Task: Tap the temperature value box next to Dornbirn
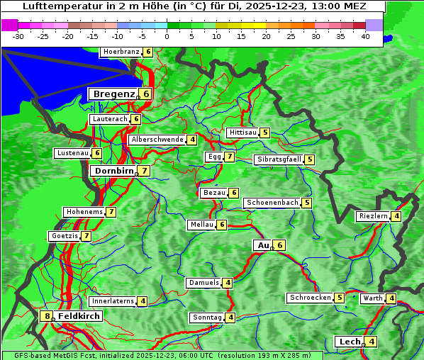[x=145, y=171]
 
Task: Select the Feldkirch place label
[x=79, y=316]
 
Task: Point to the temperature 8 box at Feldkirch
[x=48, y=316]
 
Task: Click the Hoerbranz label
[x=121, y=52]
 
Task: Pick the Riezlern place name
[x=373, y=216]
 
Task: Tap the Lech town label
[x=350, y=342]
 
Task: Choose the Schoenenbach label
[x=272, y=203]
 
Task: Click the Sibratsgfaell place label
[x=279, y=159]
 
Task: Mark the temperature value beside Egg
[x=230, y=157]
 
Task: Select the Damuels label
[x=203, y=283]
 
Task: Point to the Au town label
[x=263, y=245]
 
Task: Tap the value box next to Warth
[x=391, y=298]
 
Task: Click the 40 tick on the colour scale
[x=365, y=36]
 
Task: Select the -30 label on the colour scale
[x=18, y=36]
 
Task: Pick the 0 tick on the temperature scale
[x=167, y=36]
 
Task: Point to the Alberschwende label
[x=157, y=140]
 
